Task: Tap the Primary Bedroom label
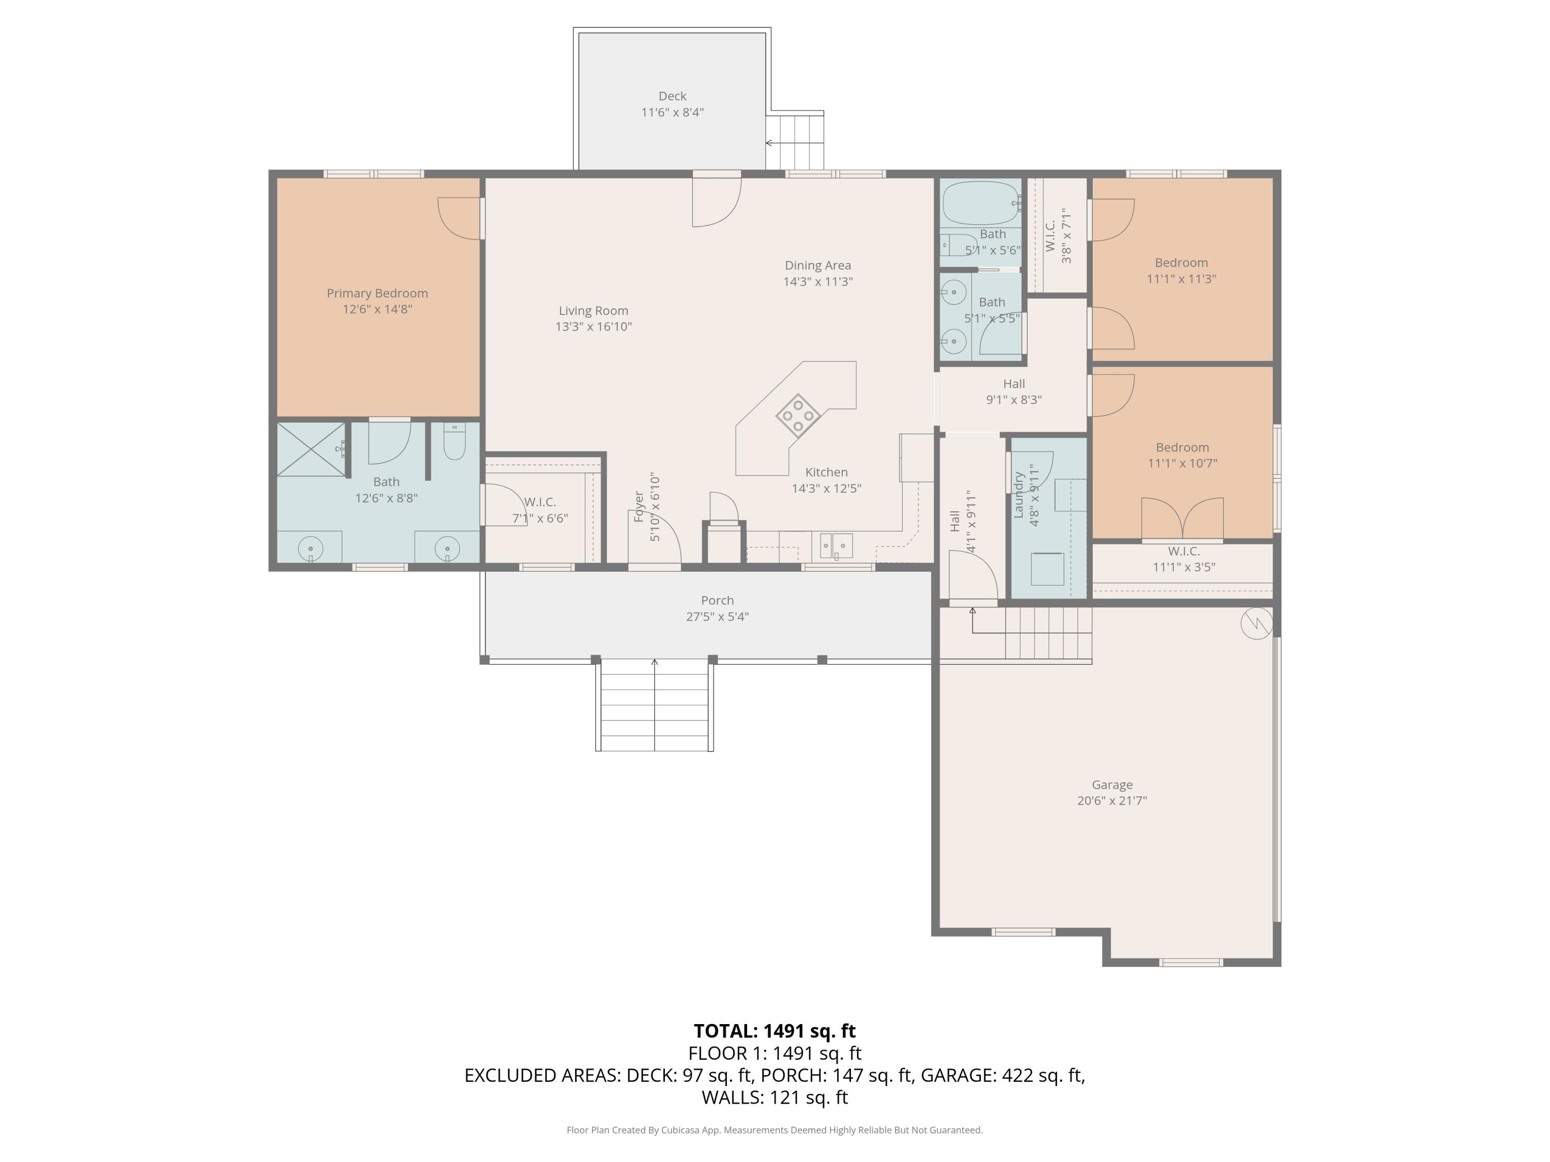click(377, 293)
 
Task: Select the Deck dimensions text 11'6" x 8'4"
click(672, 112)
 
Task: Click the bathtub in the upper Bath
click(980, 202)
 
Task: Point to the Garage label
click(1111, 785)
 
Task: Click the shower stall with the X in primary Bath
click(311, 449)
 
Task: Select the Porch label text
click(717, 600)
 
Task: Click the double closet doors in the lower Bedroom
click(1182, 519)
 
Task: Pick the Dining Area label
click(817, 265)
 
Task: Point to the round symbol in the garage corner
click(1256, 623)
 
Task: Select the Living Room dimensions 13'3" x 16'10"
click(594, 327)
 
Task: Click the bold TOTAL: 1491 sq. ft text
click(774, 1031)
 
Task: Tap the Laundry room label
click(1019, 495)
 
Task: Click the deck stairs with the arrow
click(795, 142)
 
